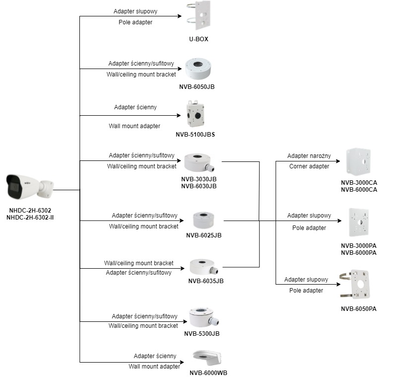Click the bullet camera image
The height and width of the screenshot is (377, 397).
(30, 187)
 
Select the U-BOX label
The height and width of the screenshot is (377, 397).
(199, 39)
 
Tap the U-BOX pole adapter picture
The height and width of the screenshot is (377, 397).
(199, 16)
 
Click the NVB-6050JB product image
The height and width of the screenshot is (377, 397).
(198, 69)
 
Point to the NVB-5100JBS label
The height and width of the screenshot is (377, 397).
(195, 135)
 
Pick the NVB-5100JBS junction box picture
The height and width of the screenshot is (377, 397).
(195, 114)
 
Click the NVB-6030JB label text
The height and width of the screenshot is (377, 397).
(199, 186)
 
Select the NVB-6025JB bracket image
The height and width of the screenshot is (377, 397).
(203, 220)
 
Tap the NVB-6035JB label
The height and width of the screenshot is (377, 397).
(206, 281)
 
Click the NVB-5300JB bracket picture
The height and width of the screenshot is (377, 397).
(204, 317)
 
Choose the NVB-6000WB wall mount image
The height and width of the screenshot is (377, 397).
(207, 358)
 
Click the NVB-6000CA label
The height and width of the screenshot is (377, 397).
(359, 190)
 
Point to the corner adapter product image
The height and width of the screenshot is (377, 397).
(359, 162)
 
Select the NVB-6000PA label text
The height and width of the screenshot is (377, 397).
(358, 253)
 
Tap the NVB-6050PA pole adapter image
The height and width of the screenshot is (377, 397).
(355, 285)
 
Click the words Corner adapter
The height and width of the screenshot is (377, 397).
(309, 166)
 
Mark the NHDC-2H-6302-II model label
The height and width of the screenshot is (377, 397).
(30, 218)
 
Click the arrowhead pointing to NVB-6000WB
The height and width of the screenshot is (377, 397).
(182, 362)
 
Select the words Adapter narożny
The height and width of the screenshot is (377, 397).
(309, 156)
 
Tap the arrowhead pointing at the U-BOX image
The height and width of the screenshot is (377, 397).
(180, 16)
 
